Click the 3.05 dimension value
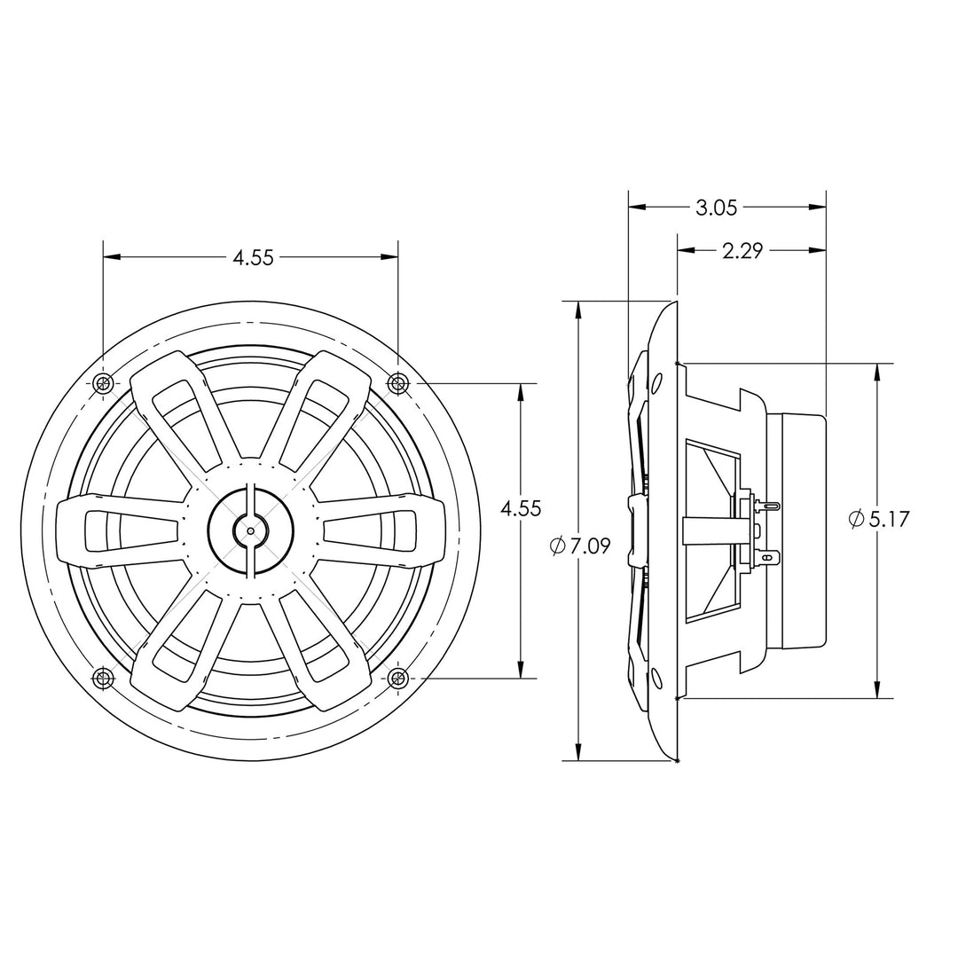717,208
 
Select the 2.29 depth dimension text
742,251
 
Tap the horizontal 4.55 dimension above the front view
253,258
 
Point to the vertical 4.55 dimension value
521,509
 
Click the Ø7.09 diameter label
581,546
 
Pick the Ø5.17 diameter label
879,519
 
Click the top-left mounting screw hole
104,383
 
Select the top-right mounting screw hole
398,383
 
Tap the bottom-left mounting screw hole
104,679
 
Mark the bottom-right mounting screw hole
398,679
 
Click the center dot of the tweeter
251,530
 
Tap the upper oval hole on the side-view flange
656,382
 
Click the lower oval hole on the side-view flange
656,679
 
